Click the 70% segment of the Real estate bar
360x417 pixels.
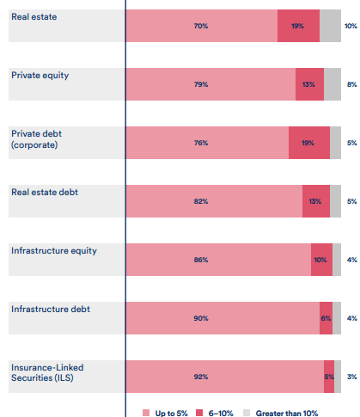202,26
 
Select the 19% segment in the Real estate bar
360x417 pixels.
298,26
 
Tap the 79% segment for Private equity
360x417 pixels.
211,84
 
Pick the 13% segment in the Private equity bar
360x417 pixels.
309,84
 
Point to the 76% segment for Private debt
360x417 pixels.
207,142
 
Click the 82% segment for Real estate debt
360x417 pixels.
214,200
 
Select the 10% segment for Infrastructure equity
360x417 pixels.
321,259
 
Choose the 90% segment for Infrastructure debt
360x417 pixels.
223,317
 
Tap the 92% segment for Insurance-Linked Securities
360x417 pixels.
225,376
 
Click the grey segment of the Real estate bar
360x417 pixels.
330,26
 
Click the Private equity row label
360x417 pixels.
40,76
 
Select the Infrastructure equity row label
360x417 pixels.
53,250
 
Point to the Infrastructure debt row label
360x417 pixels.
50,308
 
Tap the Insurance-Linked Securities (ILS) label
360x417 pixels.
47,372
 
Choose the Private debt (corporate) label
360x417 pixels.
39,139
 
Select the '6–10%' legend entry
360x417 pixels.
215,411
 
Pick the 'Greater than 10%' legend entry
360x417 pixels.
280,411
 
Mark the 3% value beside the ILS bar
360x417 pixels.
351,376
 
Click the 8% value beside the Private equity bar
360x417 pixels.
351,84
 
